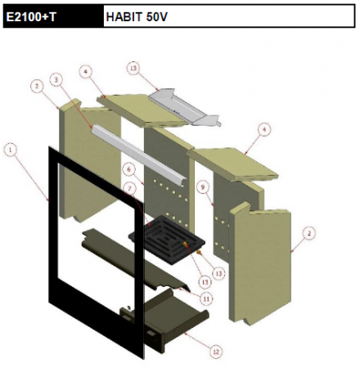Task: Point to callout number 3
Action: (x=55, y=80)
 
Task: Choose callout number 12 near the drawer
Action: (x=216, y=352)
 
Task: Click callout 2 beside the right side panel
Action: (x=308, y=234)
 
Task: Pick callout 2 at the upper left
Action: (x=36, y=85)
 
